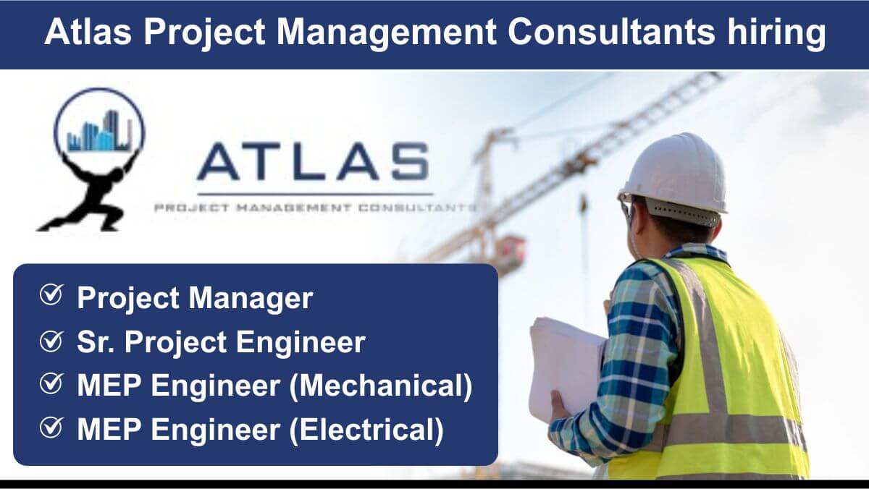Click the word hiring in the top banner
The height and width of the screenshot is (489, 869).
(x=776, y=33)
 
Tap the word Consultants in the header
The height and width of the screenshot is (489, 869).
(x=611, y=32)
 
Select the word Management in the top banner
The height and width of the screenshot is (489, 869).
(x=386, y=33)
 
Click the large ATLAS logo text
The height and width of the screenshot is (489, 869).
(x=313, y=161)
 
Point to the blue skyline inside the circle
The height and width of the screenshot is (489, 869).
(x=100, y=132)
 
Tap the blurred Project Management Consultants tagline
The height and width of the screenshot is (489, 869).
(x=315, y=208)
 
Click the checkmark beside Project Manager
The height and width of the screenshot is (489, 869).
(x=51, y=295)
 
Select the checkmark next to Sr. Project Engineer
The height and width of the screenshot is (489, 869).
(x=51, y=341)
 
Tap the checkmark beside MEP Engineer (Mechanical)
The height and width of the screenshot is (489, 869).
(x=51, y=383)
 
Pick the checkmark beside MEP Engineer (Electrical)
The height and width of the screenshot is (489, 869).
(x=51, y=428)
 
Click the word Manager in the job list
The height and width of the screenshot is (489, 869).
(x=251, y=299)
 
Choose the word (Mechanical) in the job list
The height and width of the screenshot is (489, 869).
(x=381, y=386)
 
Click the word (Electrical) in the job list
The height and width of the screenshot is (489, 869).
(x=366, y=430)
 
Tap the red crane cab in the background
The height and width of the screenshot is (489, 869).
(x=511, y=251)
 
